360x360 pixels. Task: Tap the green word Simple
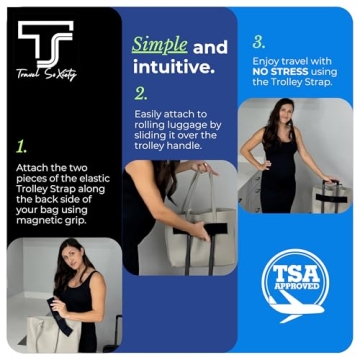(159, 46)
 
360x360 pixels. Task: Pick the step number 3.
(259, 43)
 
